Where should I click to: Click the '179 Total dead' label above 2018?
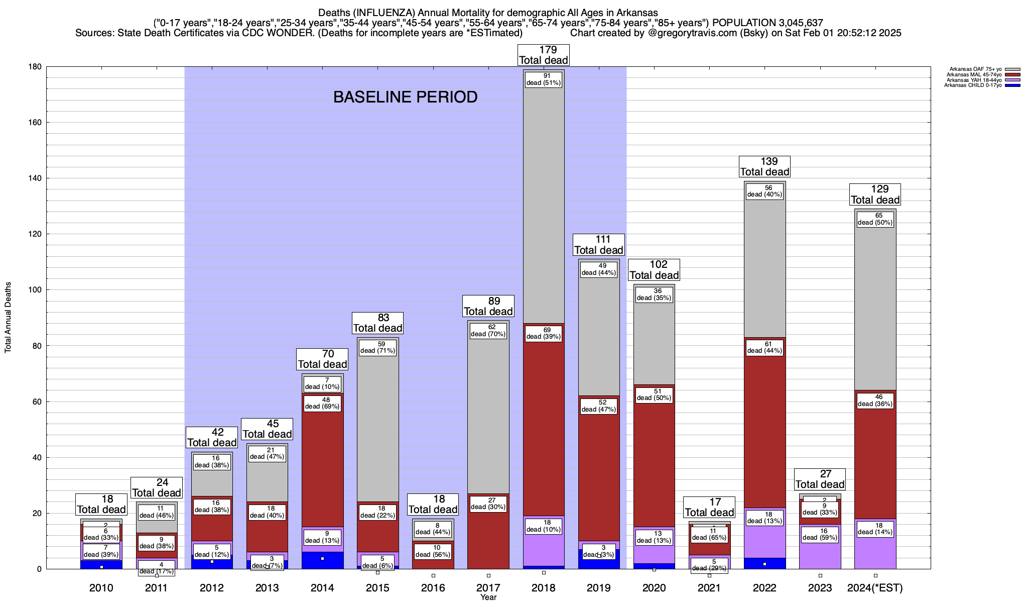[544, 55]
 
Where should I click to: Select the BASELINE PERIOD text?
[405, 97]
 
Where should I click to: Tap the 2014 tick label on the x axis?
[322, 587]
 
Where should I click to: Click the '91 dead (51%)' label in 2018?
[544, 79]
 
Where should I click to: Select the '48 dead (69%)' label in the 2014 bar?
[322, 403]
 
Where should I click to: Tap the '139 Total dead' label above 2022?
[765, 167]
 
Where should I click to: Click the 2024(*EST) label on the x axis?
[875, 587]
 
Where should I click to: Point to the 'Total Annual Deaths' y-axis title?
[8, 318]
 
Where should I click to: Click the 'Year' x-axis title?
[488, 597]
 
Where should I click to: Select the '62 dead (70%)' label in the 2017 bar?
[488, 330]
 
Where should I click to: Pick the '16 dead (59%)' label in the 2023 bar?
[820, 534]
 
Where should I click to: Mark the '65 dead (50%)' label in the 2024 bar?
[875, 219]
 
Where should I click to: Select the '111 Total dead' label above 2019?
[599, 245]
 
